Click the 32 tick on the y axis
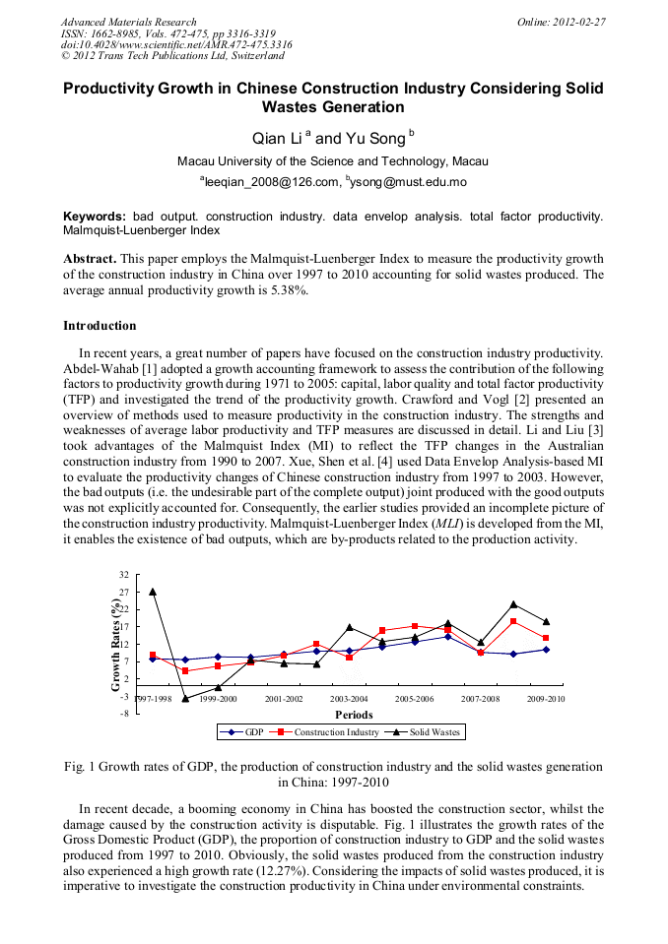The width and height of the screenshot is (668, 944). [x=123, y=575]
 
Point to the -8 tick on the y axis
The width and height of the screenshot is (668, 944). [x=123, y=714]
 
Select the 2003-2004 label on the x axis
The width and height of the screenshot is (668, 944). [x=350, y=698]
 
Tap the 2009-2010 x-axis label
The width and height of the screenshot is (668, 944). [x=546, y=698]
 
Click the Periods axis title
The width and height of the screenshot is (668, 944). [x=354, y=715]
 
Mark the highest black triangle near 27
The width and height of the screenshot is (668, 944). [x=153, y=592]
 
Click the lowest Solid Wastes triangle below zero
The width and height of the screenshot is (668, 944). [x=185, y=699]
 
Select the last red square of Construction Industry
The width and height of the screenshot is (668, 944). [x=546, y=638]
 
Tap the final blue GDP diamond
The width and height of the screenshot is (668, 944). [x=546, y=650]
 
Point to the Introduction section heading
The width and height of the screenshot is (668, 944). [x=100, y=326]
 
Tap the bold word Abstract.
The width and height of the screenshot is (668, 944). [x=90, y=258]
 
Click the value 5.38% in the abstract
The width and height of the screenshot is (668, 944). [x=289, y=289]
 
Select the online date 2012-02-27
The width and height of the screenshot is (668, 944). [x=579, y=22]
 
